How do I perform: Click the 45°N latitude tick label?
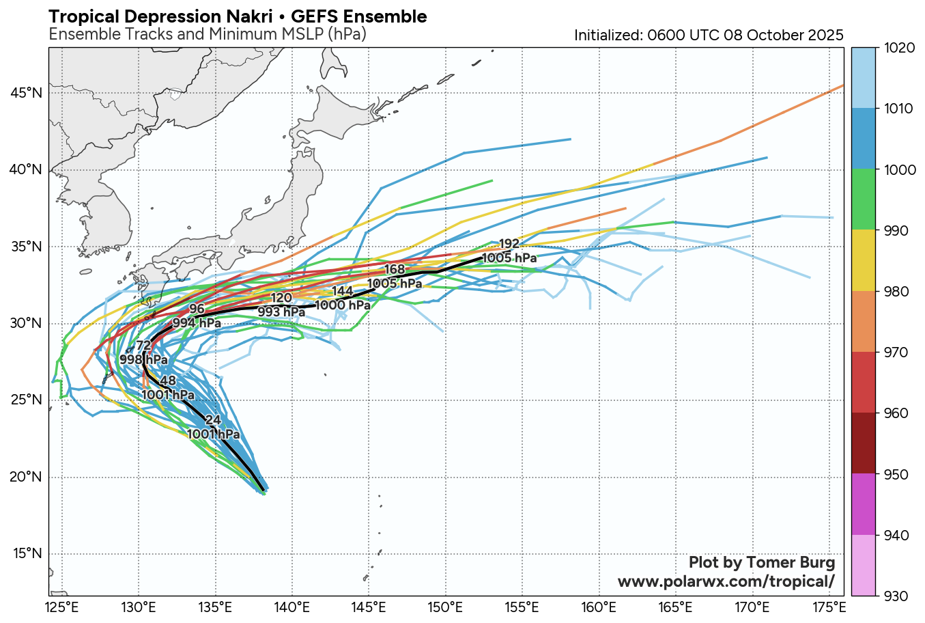(x=27, y=93)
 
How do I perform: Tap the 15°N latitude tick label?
(x=27, y=554)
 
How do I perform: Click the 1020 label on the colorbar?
(x=898, y=48)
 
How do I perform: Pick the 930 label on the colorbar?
(x=896, y=596)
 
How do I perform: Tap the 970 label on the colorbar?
(x=896, y=352)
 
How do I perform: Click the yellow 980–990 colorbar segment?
(x=864, y=261)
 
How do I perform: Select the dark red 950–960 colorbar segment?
(x=864, y=443)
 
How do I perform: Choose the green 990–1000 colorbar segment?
(x=864, y=200)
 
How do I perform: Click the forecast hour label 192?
(x=509, y=244)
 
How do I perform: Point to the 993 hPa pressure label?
(x=281, y=311)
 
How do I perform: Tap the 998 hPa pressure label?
(x=144, y=359)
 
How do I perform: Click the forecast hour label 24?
(x=213, y=420)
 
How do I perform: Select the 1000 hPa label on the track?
(x=343, y=305)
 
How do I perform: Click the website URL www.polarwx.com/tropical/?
(x=726, y=581)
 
